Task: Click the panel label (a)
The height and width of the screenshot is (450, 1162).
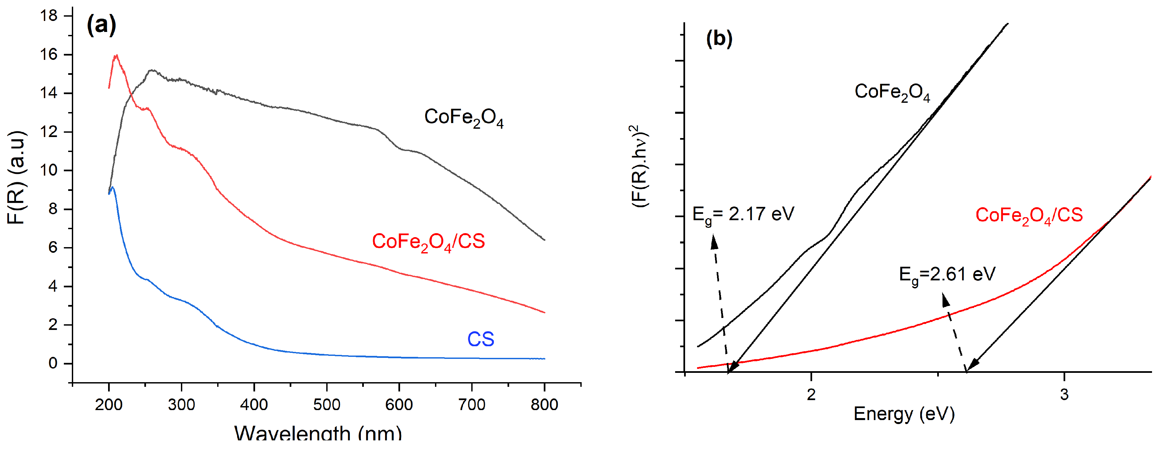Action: pyautogui.click(x=101, y=25)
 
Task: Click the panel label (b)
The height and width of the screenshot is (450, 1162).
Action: pyautogui.click(x=719, y=39)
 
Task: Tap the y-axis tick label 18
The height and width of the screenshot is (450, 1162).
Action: pyautogui.click(x=49, y=16)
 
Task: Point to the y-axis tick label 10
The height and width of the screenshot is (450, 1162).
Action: pyautogui.click(x=49, y=170)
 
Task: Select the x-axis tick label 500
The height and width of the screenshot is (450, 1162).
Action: pyautogui.click(x=327, y=404)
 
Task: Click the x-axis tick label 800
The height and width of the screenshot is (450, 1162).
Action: pyautogui.click(x=544, y=404)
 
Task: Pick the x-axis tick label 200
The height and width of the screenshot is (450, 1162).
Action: pyautogui.click(x=109, y=404)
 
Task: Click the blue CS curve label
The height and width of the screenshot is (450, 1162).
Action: pyautogui.click(x=481, y=339)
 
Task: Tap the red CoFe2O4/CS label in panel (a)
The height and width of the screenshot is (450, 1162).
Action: pyautogui.click(x=428, y=242)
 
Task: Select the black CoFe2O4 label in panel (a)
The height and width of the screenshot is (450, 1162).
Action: pyautogui.click(x=464, y=118)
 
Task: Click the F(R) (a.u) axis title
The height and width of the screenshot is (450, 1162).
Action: pyautogui.click(x=17, y=178)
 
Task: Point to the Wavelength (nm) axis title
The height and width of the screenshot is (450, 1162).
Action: pyautogui.click(x=318, y=433)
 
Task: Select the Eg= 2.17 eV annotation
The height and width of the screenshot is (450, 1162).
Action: pyautogui.click(x=743, y=215)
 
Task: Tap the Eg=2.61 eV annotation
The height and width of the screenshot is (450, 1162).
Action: pyautogui.click(x=947, y=275)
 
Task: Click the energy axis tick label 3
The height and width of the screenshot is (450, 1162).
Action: pyautogui.click(x=1065, y=394)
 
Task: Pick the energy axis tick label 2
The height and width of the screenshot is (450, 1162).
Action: pyautogui.click(x=811, y=394)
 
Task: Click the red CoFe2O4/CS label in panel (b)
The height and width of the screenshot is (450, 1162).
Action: pyautogui.click(x=1029, y=216)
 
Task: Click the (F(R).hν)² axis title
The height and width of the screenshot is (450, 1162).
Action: pyautogui.click(x=640, y=166)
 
